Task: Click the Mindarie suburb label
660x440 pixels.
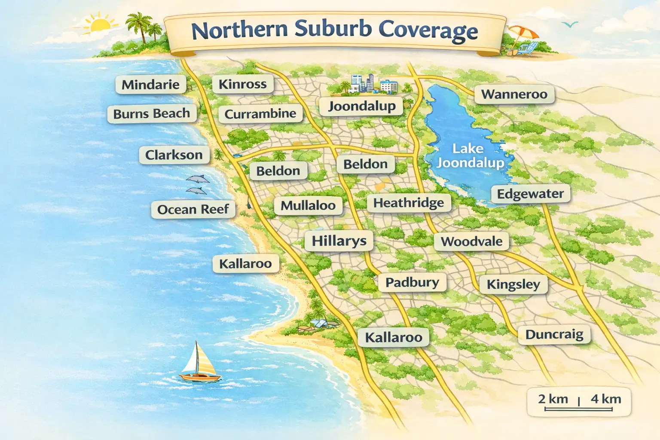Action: tap(150, 84)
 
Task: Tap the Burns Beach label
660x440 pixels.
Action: tap(151, 114)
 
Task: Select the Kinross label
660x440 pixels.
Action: tap(242, 84)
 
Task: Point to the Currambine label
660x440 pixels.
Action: tap(260, 114)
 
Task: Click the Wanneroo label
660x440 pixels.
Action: tap(514, 94)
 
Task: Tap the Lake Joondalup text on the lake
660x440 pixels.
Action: tap(469, 156)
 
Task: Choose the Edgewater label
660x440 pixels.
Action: tap(530, 194)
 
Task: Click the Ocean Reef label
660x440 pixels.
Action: tap(193, 209)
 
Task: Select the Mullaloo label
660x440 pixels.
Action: tap(308, 205)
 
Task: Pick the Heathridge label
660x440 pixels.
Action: tap(408, 202)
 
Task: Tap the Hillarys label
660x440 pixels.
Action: tap(339, 241)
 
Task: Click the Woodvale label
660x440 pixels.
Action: tap(471, 241)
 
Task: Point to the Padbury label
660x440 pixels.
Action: tap(412, 282)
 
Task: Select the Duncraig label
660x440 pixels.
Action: tap(554, 334)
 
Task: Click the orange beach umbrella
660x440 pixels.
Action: tap(522, 34)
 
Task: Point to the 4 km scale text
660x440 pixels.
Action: tap(605, 399)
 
